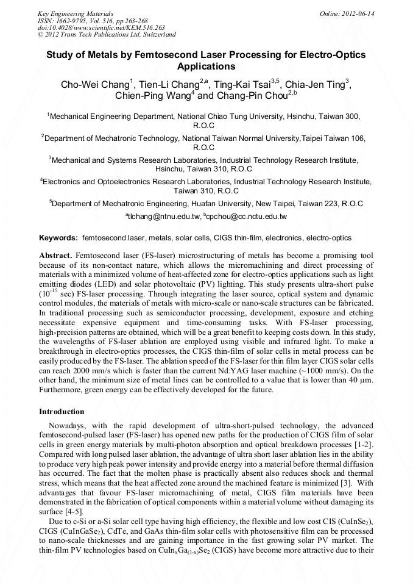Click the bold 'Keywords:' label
click(x=58, y=237)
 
